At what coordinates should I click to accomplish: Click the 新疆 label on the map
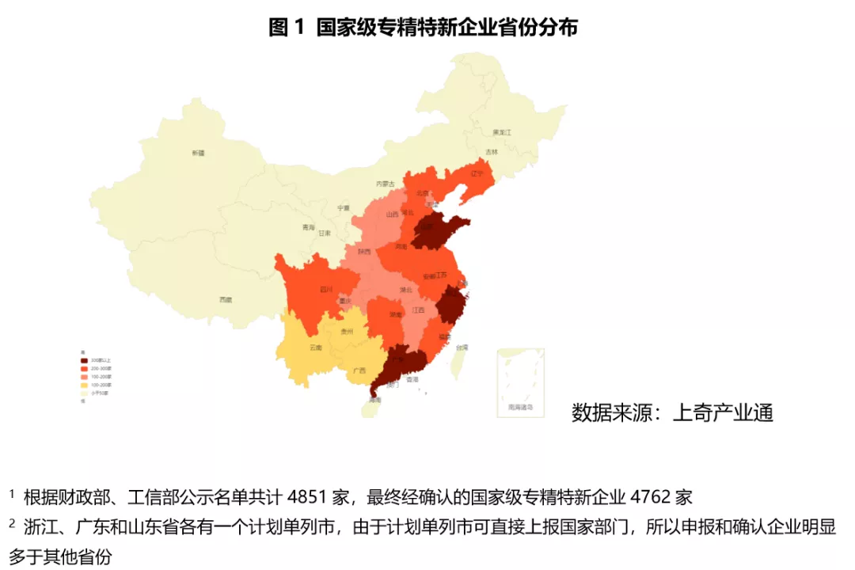click(198, 152)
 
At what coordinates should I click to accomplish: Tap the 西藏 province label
click(226, 299)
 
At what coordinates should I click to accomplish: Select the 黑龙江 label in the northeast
click(503, 132)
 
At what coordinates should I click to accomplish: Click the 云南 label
click(316, 348)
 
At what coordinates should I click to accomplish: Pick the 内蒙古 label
click(386, 184)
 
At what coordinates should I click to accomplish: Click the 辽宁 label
click(477, 173)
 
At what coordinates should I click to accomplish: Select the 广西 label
click(359, 370)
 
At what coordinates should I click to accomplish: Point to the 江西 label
click(418, 310)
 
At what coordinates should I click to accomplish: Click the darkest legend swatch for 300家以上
click(85, 361)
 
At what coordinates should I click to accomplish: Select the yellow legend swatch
click(85, 384)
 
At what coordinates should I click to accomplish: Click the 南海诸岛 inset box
click(520, 382)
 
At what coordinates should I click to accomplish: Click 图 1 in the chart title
click(287, 27)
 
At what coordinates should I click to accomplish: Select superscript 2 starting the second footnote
click(13, 522)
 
